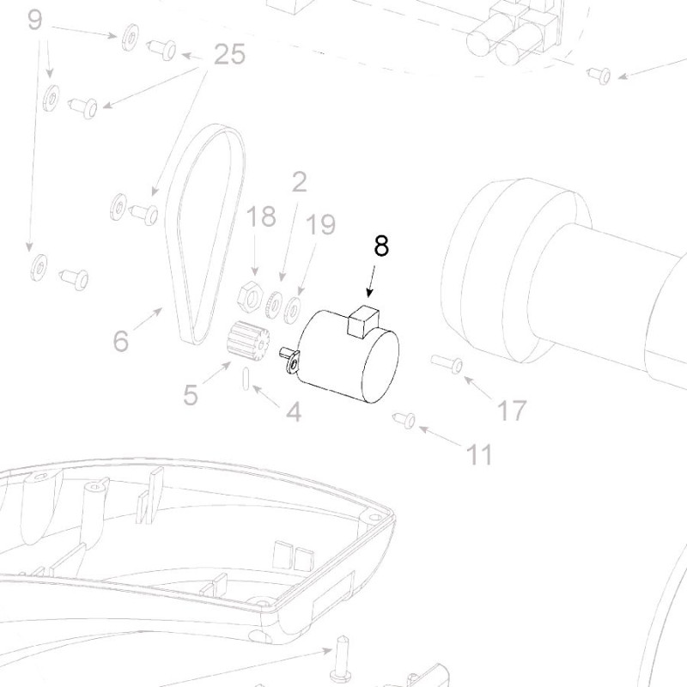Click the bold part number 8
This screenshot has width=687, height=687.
[x=381, y=246]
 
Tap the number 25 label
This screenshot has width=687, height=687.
[x=228, y=55]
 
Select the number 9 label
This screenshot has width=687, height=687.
[x=34, y=20]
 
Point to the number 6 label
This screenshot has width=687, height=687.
[x=121, y=341]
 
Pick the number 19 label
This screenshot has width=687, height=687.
[x=319, y=225]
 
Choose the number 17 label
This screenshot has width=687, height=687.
[x=512, y=411]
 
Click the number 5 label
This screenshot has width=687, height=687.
[x=191, y=395]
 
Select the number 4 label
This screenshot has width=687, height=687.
[x=294, y=413]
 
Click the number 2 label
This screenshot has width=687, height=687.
[x=299, y=181]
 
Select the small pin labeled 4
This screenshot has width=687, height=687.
[x=247, y=379]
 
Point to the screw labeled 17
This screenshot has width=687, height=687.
[x=448, y=365]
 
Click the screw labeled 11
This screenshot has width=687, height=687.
[x=404, y=420]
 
